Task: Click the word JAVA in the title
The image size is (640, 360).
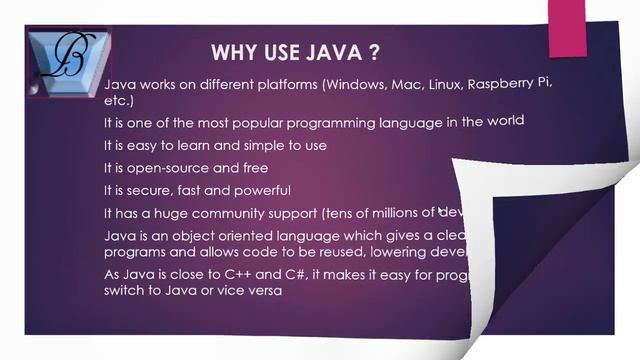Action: [x=333, y=52]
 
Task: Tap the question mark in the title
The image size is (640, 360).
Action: [x=376, y=52]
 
